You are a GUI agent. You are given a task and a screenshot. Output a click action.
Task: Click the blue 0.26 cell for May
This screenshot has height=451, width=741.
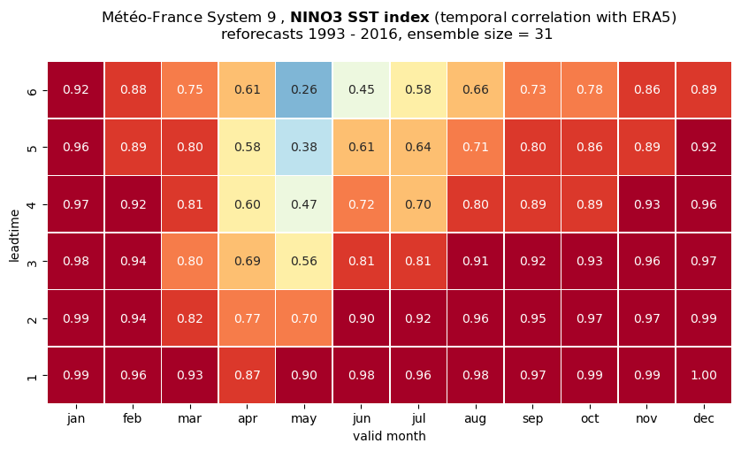click(x=304, y=90)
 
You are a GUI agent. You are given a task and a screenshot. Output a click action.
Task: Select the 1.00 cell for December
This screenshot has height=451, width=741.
click(x=704, y=375)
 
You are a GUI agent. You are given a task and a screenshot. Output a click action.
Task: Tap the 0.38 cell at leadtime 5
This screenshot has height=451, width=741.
click(x=304, y=147)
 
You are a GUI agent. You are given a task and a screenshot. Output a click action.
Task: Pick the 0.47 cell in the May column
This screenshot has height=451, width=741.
click(x=304, y=204)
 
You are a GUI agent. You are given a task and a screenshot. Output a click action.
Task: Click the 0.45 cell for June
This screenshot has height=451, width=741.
click(x=362, y=90)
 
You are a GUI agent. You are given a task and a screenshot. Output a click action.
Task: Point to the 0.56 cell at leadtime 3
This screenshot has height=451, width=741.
click(x=304, y=261)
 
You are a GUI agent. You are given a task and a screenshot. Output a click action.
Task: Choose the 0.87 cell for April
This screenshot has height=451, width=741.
click(x=248, y=375)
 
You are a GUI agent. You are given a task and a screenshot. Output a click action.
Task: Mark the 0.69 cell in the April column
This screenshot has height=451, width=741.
click(x=248, y=261)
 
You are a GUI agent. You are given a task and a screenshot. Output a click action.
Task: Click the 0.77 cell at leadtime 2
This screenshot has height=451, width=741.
click(x=248, y=318)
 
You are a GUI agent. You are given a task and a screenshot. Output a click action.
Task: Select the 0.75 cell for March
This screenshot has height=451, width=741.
click(x=190, y=90)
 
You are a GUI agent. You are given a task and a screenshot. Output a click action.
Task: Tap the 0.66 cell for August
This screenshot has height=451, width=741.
click(x=476, y=90)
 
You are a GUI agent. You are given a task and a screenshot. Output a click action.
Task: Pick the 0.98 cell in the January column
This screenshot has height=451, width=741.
click(x=76, y=261)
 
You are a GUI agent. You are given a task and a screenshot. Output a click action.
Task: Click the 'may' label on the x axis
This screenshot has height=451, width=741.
click(x=304, y=419)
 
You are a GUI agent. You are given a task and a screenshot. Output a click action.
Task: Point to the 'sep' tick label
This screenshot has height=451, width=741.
click(x=532, y=419)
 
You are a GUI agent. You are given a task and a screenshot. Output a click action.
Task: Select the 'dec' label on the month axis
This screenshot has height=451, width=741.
click(x=704, y=418)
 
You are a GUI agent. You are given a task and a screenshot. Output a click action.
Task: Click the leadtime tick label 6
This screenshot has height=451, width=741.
click(x=32, y=90)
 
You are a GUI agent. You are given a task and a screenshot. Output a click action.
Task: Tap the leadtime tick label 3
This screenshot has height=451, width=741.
click(x=32, y=262)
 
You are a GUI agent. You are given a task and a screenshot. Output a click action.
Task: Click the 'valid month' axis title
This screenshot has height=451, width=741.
click(x=389, y=436)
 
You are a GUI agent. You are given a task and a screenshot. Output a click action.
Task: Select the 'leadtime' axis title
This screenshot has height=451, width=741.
click(x=14, y=235)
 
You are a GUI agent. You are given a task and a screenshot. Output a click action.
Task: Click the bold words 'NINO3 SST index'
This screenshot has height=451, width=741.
click(x=360, y=18)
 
